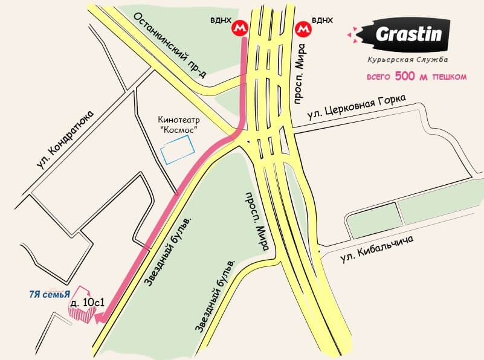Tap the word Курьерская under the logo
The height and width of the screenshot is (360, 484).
pyautogui.click(x=390, y=60)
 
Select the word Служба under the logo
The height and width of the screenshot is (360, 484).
pyautogui.click(x=431, y=60)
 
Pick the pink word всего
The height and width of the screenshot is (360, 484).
pyautogui.click(x=379, y=77)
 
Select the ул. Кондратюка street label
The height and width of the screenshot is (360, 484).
pyautogui.click(x=66, y=140)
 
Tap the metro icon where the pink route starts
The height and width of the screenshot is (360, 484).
pyautogui.click(x=242, y=28)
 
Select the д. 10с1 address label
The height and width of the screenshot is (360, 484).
pyautogui.click(x=84, y=301)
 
